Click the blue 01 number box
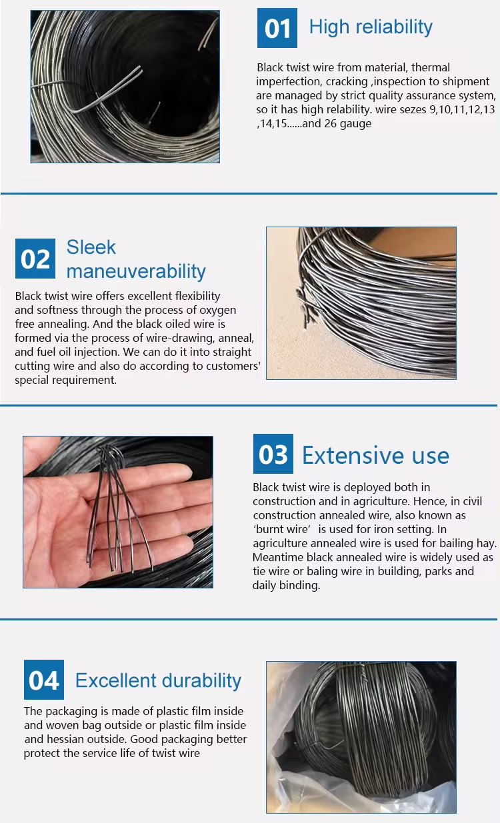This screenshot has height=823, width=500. tap(277, 28)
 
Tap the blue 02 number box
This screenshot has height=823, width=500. tap(35, 259)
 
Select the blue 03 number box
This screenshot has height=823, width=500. tap(273, 454)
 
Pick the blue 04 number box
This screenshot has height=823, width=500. tap(44, 679)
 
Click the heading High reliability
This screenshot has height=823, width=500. tap(371, 27)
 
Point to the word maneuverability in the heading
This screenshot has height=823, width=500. tap(136, 271)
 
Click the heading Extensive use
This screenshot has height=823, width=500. tap(375, 455)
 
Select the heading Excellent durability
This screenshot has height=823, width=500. tap(159, 681)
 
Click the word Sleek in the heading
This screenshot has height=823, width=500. tap(91, 247)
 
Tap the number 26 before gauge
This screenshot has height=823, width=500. tap(331, 123)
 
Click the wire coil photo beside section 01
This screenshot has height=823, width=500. tap(125, 87)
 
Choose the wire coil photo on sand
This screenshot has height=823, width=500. tap(361, 303)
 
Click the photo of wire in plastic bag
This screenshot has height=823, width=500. tap(361, 738)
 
